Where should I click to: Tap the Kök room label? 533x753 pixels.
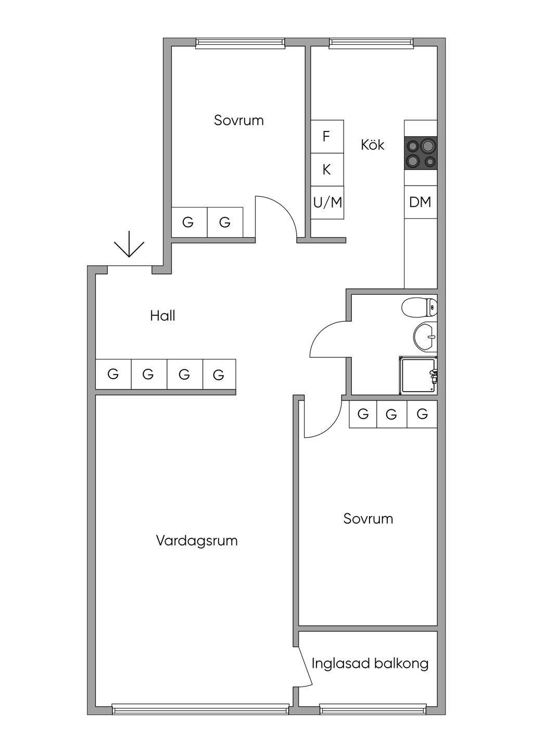point(373,145)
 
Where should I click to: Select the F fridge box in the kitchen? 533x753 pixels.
point(327,137)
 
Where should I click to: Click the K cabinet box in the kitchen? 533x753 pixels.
point(327,170)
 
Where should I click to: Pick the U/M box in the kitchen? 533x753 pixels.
point(327,202)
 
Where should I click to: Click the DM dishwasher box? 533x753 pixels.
point(420,202)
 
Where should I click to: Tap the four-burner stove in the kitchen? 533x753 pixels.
point(421,153)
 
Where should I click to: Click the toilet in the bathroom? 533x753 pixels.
point(419,307)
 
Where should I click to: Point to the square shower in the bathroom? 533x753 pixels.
point(417,375)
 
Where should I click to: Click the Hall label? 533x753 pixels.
point(162,316)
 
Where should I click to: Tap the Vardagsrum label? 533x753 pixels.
point(197,541)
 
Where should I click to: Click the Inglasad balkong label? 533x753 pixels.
point(370,664)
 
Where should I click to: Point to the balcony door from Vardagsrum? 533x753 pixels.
point(304,666)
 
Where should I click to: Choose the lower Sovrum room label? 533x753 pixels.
point(368,518)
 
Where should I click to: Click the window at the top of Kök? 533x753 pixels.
point(372,44)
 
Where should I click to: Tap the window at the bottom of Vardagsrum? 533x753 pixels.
point(200,709)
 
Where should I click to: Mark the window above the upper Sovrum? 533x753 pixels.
point(240,44)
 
